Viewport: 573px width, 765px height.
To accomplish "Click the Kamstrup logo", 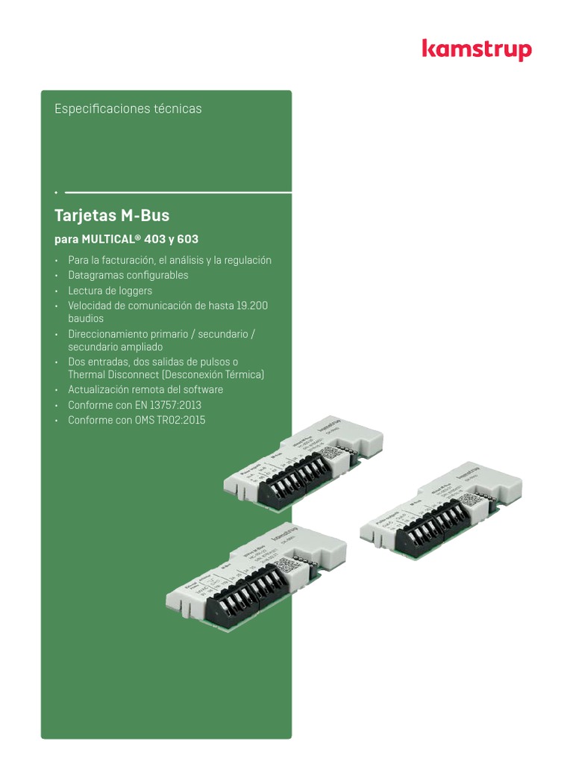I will [477, 49].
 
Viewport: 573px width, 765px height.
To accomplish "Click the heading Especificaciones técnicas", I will [128, 108].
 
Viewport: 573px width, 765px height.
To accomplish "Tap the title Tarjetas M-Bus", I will [112, 216].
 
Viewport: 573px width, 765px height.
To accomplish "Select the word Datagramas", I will [95, 275].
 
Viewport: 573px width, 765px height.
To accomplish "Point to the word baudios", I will [86, 319].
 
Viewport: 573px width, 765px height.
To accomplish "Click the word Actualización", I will [98, 390].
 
